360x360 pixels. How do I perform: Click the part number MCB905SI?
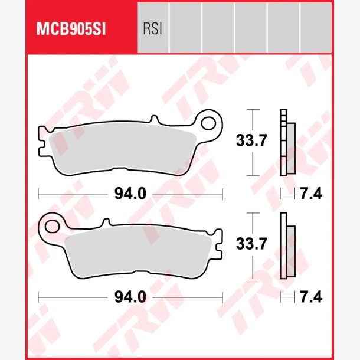(x=71, y=29)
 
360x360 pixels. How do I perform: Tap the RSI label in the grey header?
(x=152, y=29)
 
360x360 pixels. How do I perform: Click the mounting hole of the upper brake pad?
(x=208, y=123)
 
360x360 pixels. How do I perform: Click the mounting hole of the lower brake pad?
(x=52, y=227)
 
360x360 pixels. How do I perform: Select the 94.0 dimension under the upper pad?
(x=130, y=194)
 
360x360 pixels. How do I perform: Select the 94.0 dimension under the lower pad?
(x=130, y=297)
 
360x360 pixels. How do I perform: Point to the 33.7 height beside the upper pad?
(x=251, y=140)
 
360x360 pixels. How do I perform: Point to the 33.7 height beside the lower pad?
(x=251, y=244)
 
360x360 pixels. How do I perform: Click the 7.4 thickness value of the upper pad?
(x=311, y=194)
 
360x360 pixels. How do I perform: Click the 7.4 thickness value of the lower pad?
(x=311, y=297)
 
